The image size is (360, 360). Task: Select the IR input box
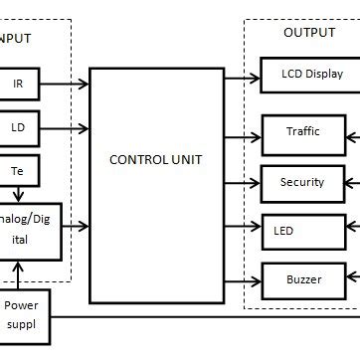18,85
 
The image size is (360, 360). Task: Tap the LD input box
18,127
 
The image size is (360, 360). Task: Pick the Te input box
18,170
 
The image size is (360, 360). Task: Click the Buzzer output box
303,279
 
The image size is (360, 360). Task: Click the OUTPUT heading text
309,33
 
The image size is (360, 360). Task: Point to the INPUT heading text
16,39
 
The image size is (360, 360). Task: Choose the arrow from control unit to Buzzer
242,279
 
